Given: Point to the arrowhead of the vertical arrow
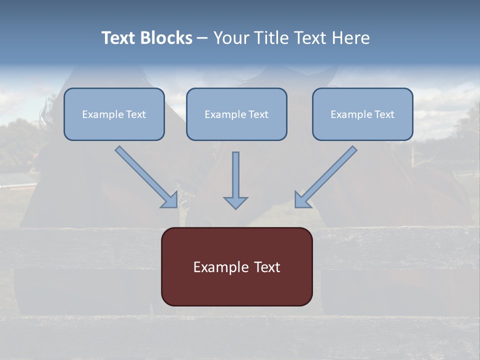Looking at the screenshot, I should click(x=235, y=202).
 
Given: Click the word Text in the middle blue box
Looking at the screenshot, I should click(x=258, y=114).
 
